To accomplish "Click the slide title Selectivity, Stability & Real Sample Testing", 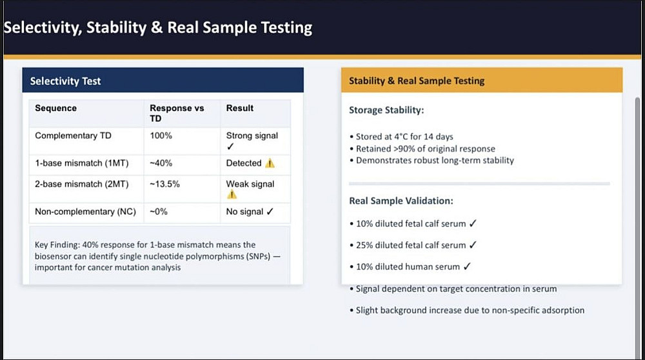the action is (158, 28).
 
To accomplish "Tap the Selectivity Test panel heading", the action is (65, 81).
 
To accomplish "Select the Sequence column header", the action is (56, 108).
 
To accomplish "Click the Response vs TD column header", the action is (177, 113).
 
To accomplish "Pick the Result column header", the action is (240, 108).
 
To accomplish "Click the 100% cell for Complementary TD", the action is (161, 135).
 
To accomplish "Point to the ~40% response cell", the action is (161, 163).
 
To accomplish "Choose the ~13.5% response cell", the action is (164, 184).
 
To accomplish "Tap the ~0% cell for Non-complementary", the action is (159, 212).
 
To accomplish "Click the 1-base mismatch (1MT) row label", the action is (82, 163).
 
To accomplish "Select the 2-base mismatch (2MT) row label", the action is (82, 184).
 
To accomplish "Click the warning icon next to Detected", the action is (270, 163).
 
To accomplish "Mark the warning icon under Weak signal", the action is (232, 195).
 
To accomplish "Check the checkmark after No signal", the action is (270, 212).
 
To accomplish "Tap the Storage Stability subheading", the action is (386, 110).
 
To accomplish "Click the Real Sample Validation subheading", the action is (401, 201).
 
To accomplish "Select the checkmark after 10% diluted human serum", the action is (467, 266).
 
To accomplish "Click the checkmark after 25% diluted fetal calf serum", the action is (473, 245).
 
